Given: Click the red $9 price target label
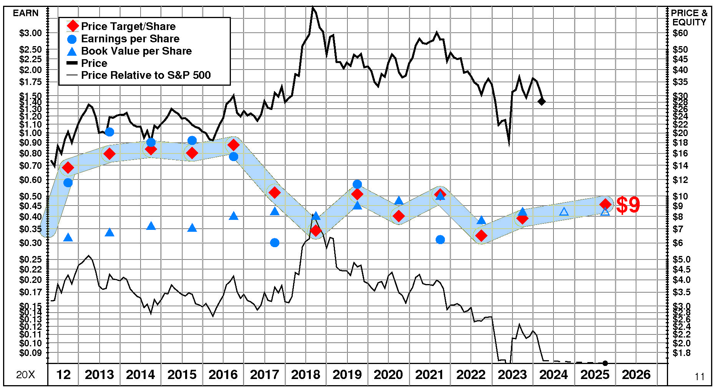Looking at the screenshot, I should point(628,205).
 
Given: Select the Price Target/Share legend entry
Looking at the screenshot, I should point(128,26).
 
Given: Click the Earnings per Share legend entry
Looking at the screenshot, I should point(130,39).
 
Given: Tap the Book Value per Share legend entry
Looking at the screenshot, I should point(136,51).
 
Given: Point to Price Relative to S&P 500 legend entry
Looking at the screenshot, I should point(146,75).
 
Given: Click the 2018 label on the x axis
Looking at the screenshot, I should point(306,374).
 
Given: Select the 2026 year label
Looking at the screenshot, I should point(636,374).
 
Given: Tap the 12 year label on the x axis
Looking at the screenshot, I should point(63,374).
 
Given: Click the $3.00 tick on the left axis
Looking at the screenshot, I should point(31,33).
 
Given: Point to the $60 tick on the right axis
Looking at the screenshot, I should point(680,33).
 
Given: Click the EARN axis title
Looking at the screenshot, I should point(26,13).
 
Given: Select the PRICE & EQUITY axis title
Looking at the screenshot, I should point(689,18).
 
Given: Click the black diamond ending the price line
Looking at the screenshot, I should point(542,101).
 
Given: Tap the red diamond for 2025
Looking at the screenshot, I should point(605,204).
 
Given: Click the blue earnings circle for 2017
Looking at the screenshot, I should point(275,243).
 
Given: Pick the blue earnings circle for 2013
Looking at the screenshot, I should point(109,132).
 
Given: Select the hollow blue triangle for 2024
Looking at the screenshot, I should point(564,211).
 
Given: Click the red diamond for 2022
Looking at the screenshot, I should point(481,236).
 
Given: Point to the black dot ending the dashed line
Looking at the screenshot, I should point(605,363).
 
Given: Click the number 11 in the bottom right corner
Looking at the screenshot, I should point(700,377).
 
